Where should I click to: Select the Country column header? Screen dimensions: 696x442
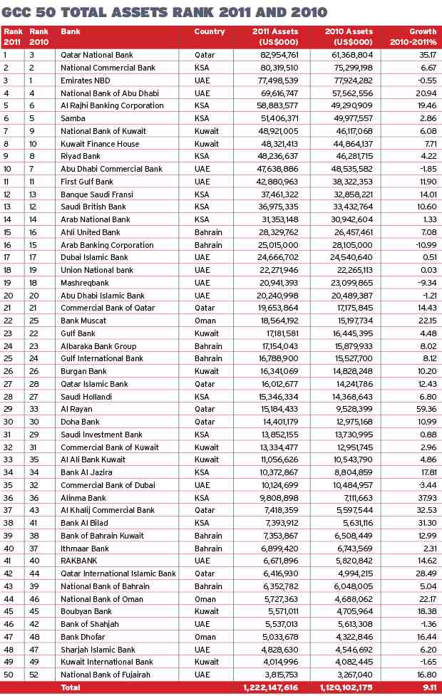coord(210,32)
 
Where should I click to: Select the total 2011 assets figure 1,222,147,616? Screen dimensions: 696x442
coord(267,688)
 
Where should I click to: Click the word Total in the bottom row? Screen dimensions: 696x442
coord(71,688)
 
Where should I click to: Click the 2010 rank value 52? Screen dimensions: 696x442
coord(34,675)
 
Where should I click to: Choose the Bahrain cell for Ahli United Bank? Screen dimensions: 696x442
coord(208,232)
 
